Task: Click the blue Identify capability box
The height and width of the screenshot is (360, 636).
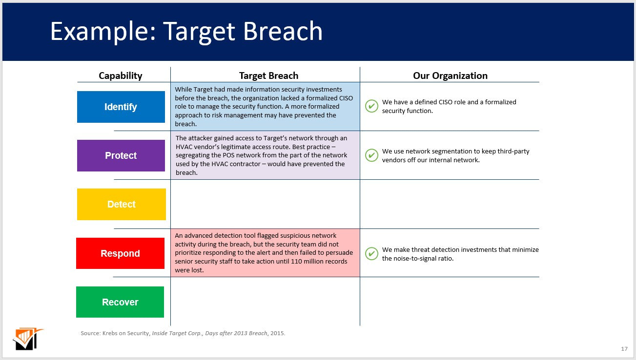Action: (121, 107)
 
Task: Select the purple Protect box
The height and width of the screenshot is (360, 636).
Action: (121, 155)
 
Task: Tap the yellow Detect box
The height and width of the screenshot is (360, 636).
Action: (121, 204)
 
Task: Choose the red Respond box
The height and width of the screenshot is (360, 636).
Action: (120, 253)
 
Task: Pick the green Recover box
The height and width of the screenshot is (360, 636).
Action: (120, 302)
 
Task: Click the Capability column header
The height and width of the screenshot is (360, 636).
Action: (121, 76)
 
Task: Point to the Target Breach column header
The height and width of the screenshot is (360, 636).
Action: (268, 76)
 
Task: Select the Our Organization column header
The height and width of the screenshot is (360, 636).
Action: (450, 76)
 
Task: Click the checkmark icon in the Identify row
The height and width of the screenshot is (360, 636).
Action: (371, 106)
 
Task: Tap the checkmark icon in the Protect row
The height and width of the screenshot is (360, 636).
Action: (371, 155)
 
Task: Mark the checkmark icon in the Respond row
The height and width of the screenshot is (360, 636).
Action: (371, 254)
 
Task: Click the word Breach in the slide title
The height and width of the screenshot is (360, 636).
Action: (283, 31)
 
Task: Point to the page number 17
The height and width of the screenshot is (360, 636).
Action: (624, 349)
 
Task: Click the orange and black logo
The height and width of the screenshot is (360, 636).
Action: (27, 339)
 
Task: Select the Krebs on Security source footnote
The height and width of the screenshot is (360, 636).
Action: (183, 333)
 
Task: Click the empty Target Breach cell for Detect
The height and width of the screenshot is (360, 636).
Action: (265, 204)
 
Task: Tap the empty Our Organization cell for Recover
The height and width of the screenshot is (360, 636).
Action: (450, 302)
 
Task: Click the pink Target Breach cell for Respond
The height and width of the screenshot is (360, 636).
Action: (265, 253)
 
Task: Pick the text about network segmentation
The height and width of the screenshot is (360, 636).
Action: (455, 155)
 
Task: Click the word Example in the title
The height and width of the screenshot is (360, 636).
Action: (103, 31)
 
